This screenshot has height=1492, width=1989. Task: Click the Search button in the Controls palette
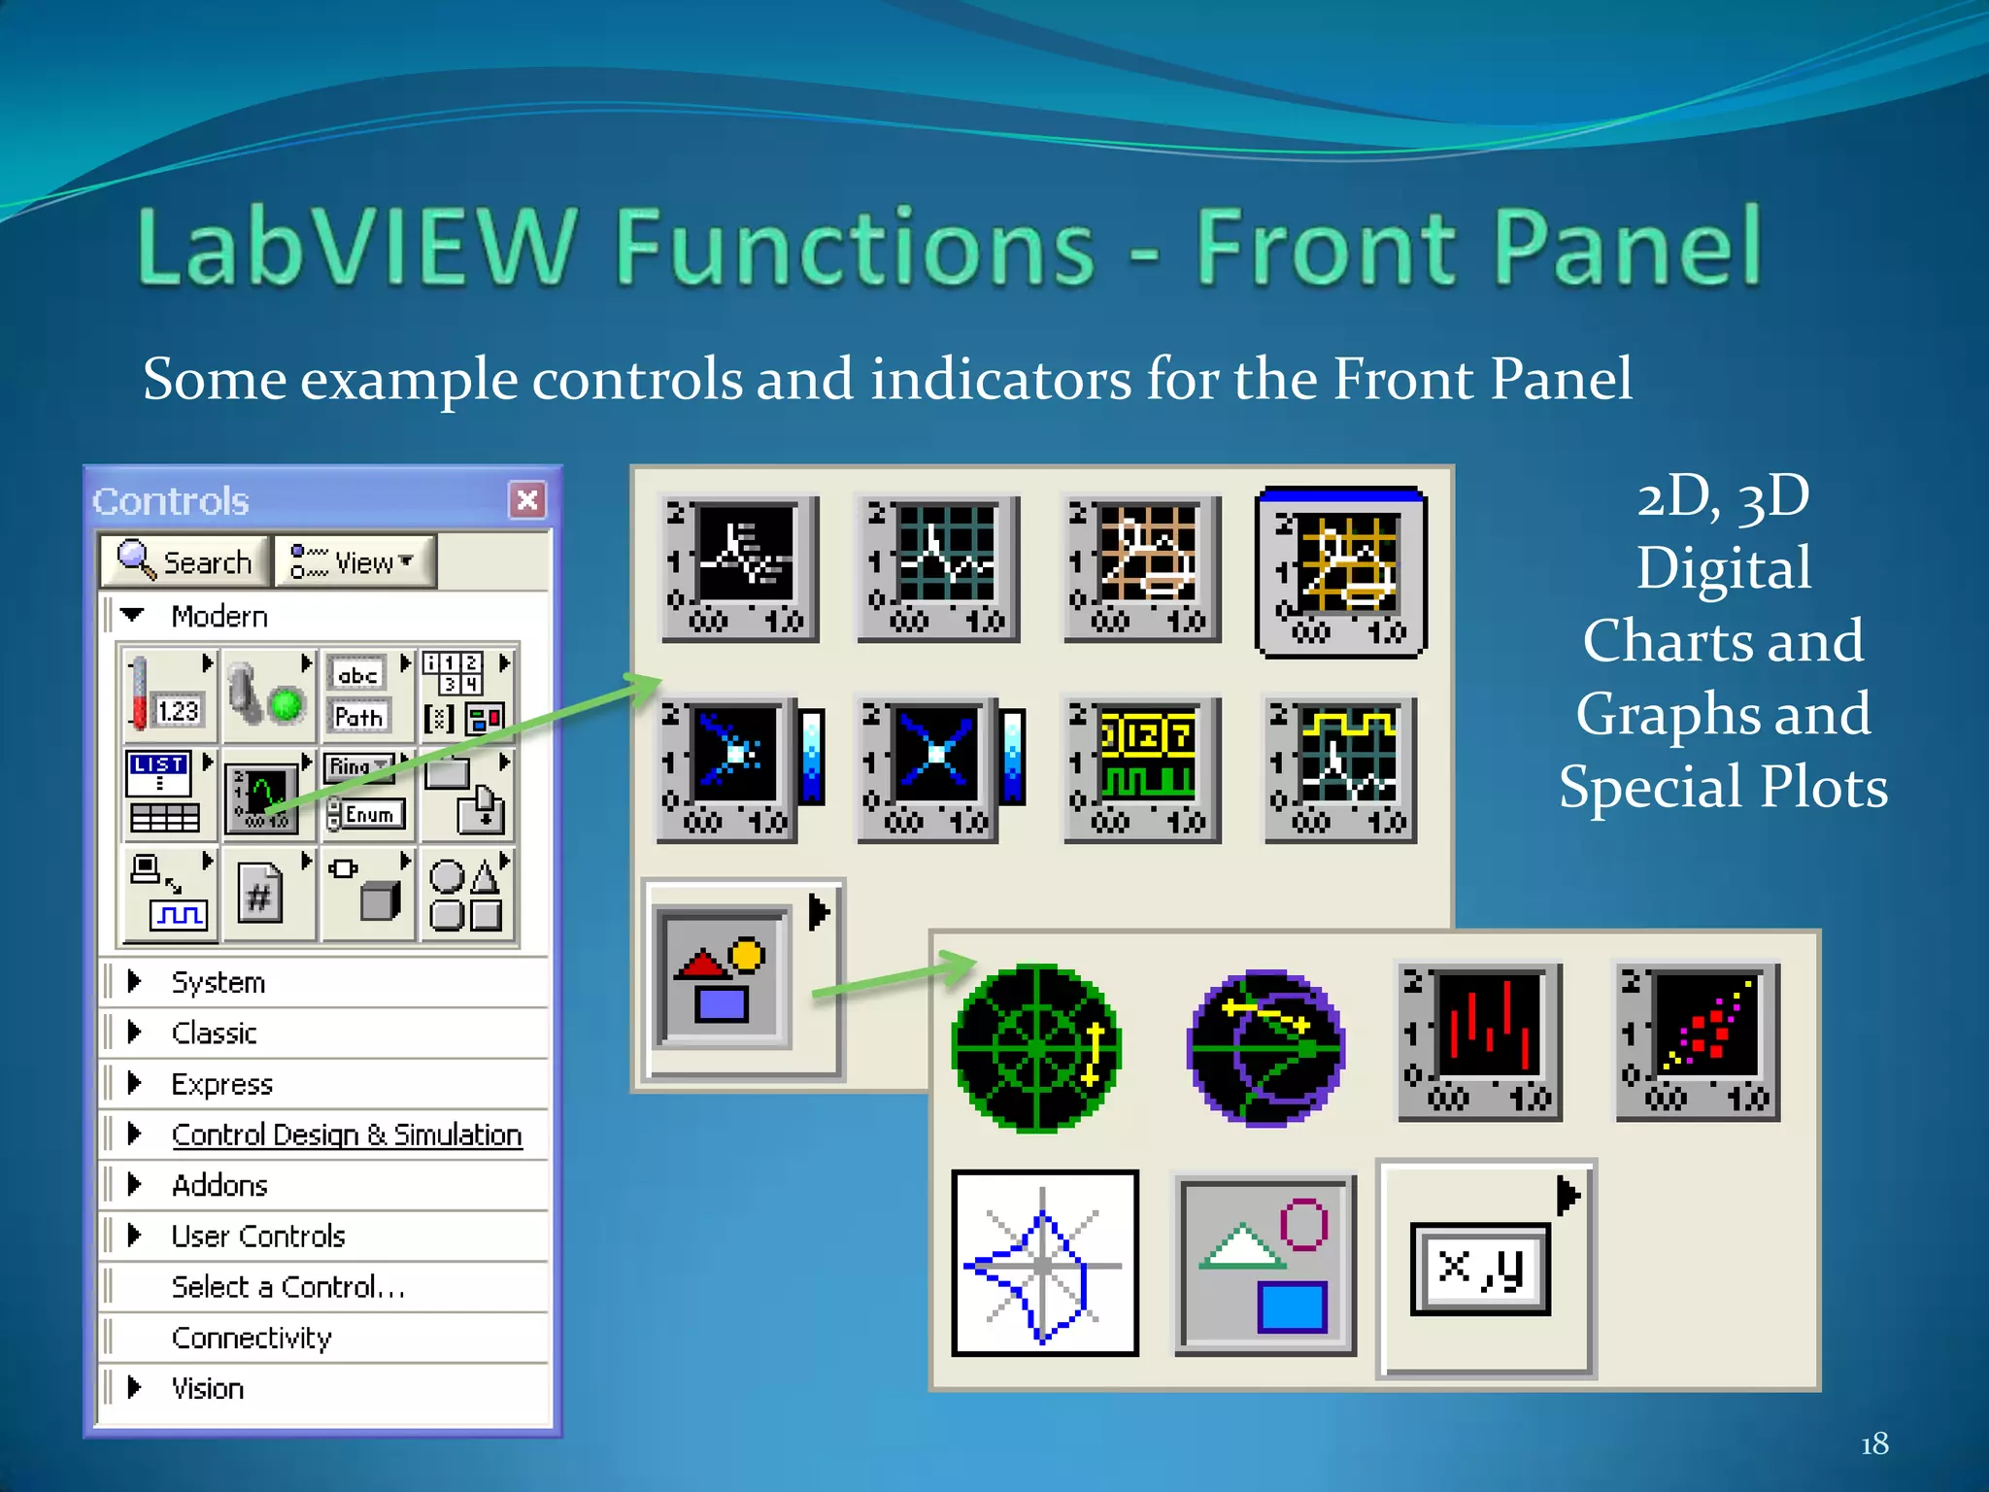pyautogui.click(x=185, y=561)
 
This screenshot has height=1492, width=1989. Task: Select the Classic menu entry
pyautogui.click(x=214, y=1033)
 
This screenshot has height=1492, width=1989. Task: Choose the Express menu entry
pyautogui.click(x=221, y=1083)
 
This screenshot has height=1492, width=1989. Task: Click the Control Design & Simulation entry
pyautogui.click(x=346, y=1135)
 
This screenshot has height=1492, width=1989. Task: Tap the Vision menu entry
pyautogui.click(x=207, y=1388)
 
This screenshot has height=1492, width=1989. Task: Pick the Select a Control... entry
pyautogui.click(x=287, y=1287)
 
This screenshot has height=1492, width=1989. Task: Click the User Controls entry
pyautogui.click(x=257, y=1236)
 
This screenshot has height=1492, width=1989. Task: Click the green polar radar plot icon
pyautogui.click(x=1036, y=1048)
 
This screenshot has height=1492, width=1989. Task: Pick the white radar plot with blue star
pyautogui.click(x=1044, y=1263)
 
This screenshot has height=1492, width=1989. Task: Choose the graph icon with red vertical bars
pyautogui.click(x=1479, y=1042)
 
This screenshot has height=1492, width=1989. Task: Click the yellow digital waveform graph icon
pyautogui.click(x=1141, y=767)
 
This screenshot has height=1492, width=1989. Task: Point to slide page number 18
pyautogui.click(x=1873, y=1443)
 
